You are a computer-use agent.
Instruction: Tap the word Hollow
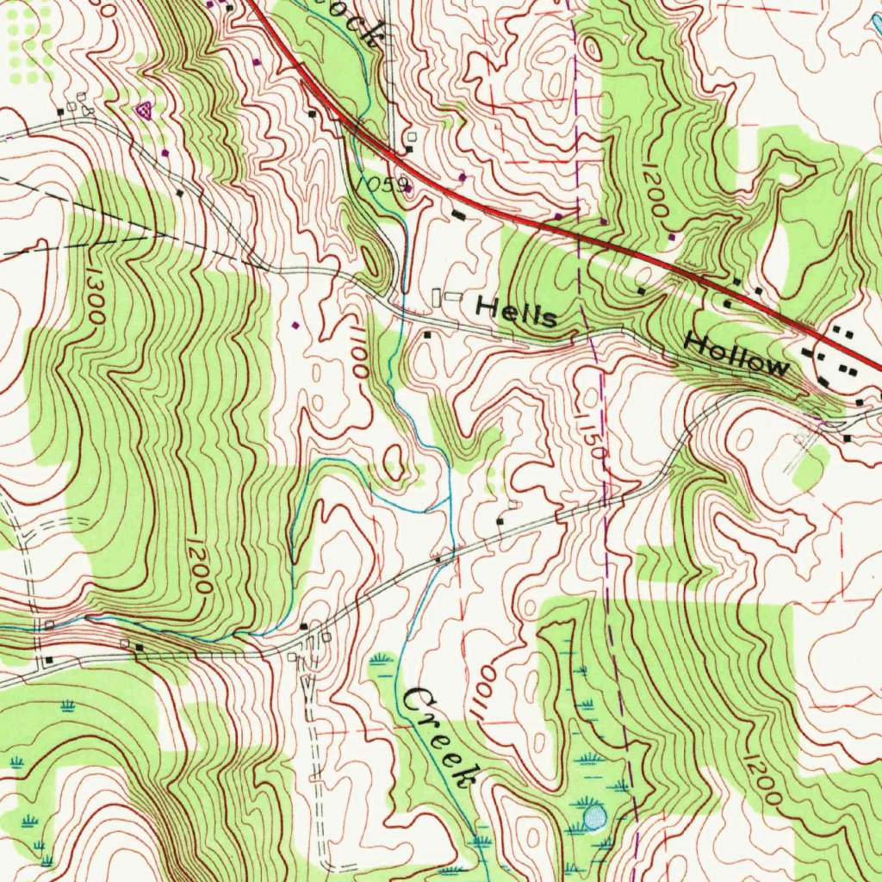pyautogui.click(x=736, y=354)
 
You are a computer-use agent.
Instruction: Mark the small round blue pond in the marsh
pyautogui.click(x=594, y=815)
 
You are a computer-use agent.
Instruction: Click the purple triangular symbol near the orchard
pyautogui.click(x=144, y=109)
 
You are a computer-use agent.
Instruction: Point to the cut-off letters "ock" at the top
pyautogui.click(x=363, y=26)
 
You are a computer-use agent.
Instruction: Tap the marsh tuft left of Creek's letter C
pyautogui.click(x=379, y=661)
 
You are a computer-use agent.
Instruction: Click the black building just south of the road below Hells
pyautogui.click(x=427, y=334)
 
